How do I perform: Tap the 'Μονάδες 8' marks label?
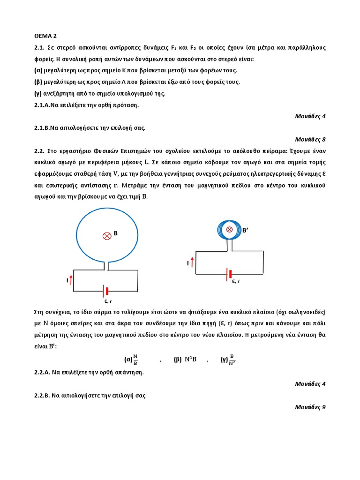(x=310, y=139)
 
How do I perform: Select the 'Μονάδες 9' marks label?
(x=310, y=407)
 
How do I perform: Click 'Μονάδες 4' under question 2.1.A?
(x=310, y=116)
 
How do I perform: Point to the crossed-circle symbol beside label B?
(x=106, y=236)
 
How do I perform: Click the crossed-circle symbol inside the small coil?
(x=230, y=229)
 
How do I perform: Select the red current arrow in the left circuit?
(x=71, y=280)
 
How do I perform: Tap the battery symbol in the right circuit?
(x=230, y=273)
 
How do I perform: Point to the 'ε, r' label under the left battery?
(x=107, y=301)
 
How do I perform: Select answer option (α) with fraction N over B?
(x=131, y=360)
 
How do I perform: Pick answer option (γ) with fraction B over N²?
(x=228, y=360)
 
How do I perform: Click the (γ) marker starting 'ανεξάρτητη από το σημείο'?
(x=38, y=93)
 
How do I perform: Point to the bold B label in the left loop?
(x=115, y=232)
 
